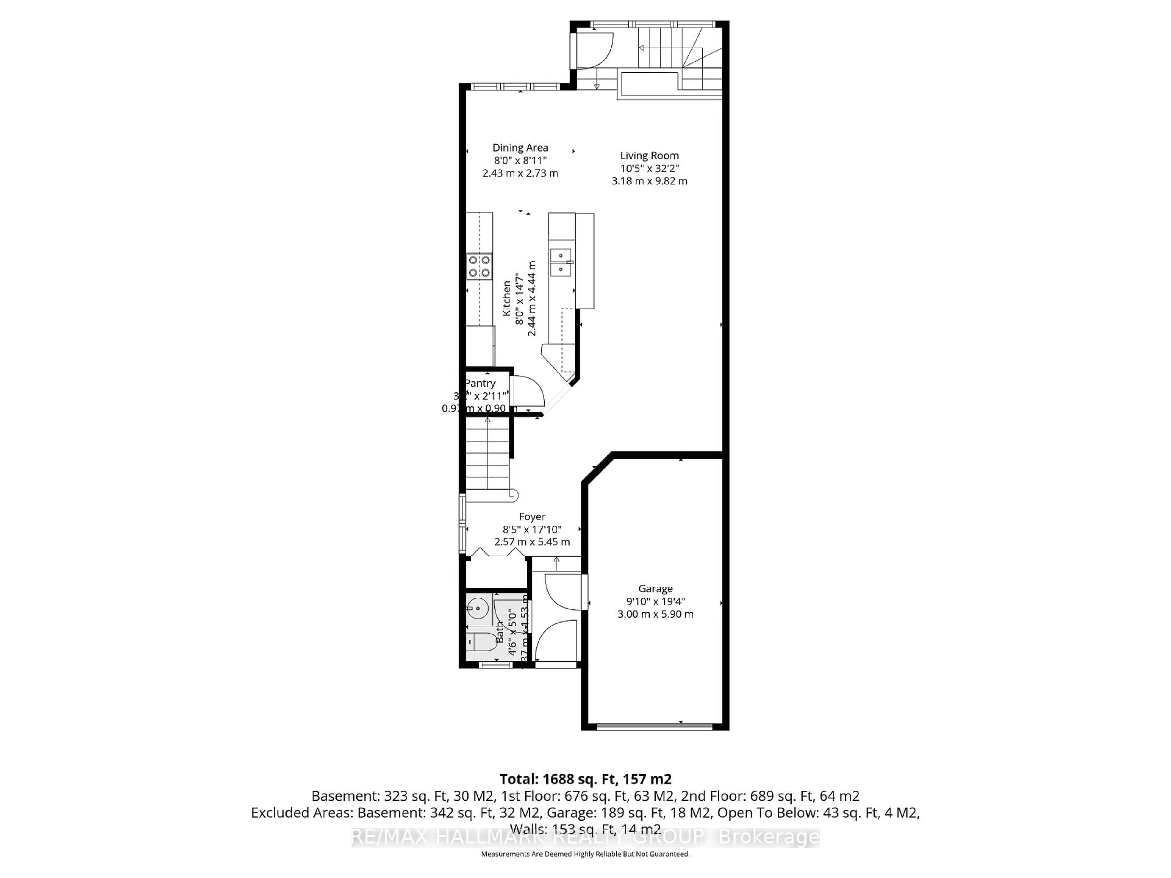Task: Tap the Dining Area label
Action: [x=520, y=148]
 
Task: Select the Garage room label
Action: [x=655, y=588]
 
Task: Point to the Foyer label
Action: [x=532, y=516]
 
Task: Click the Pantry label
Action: [x=480, y=383]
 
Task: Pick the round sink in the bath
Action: [x=478, y=609]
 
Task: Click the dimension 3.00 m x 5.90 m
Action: [x=655, y=614]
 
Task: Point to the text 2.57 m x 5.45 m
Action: [x=532, y=542]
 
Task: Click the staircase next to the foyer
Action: [x=487, y=455]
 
